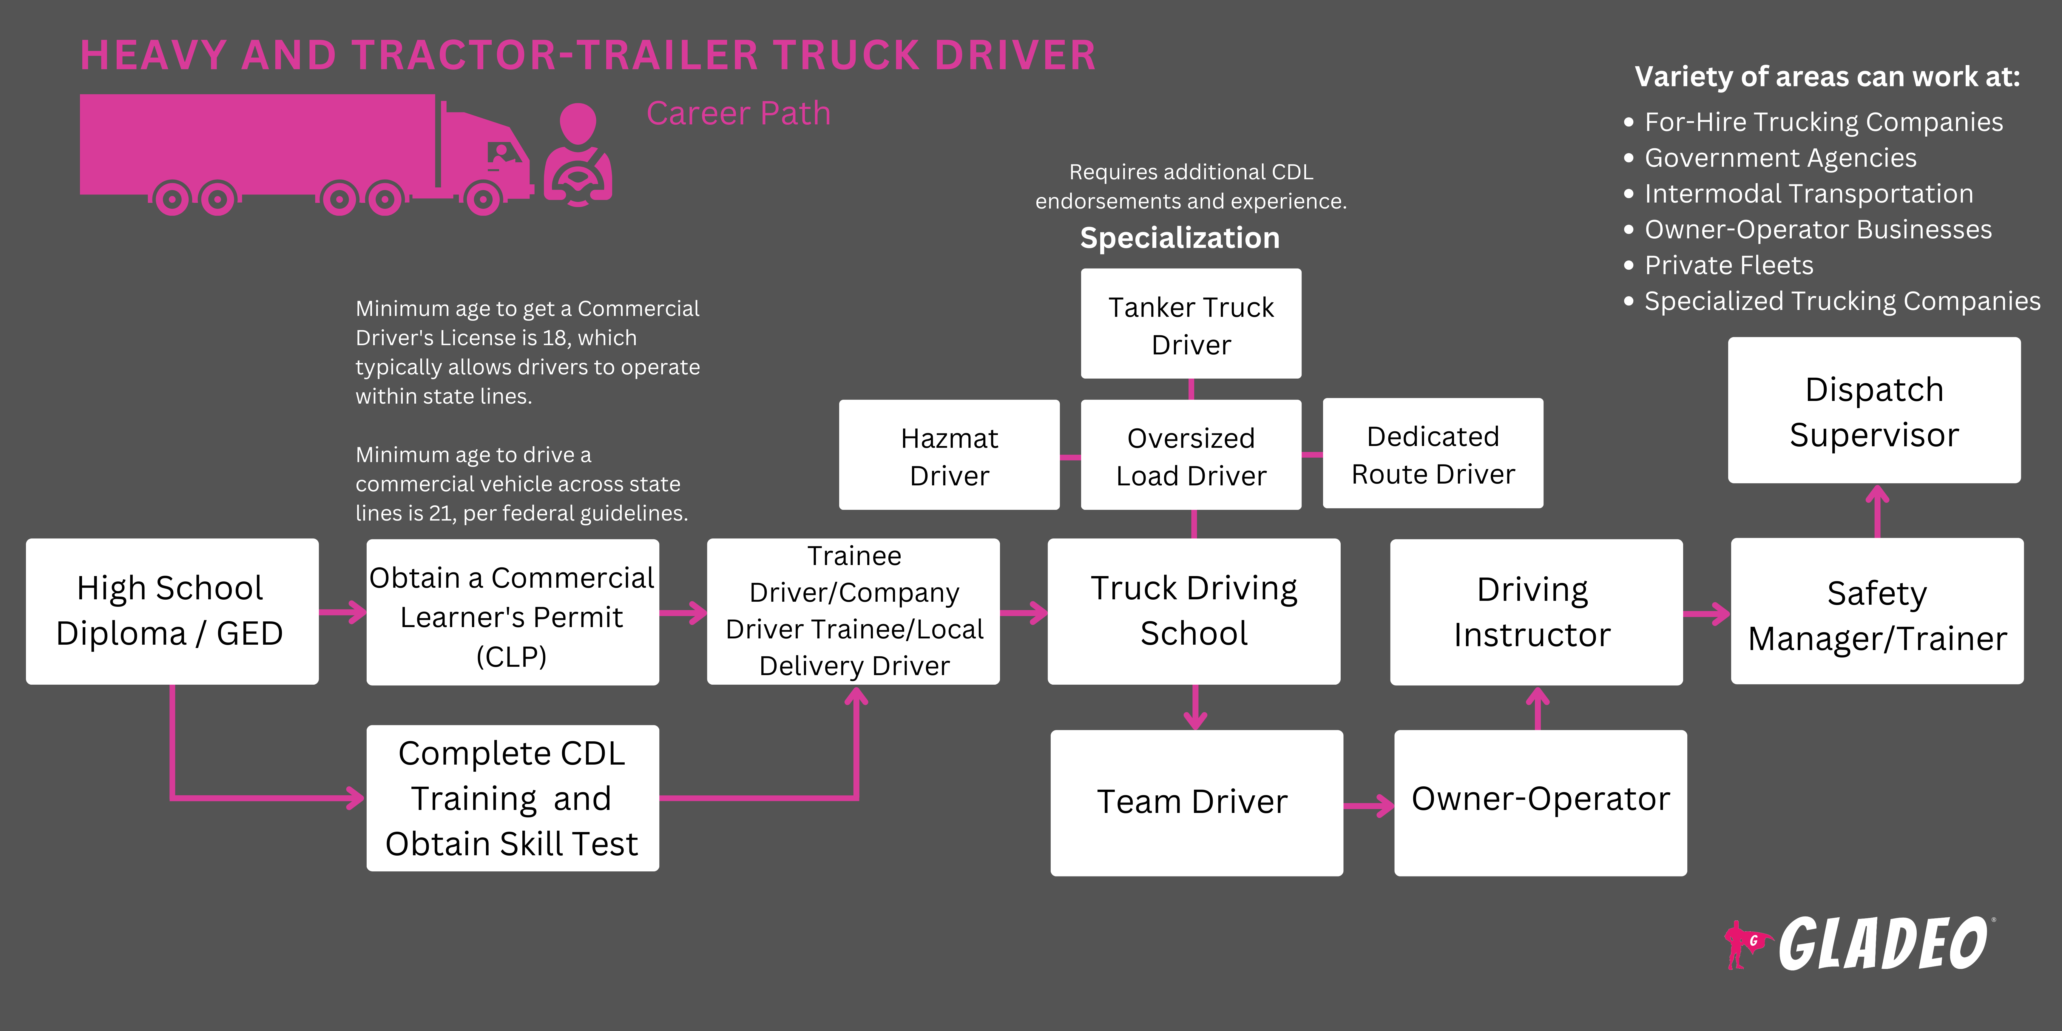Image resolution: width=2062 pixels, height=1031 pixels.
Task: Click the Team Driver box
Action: click(1196, 802)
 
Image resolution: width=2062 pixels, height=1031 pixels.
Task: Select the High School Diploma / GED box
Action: click(171, 611)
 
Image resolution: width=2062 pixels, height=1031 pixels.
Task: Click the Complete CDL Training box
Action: click(512, 798)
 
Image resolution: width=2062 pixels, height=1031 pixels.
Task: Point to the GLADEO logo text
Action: click(1883, 944)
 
